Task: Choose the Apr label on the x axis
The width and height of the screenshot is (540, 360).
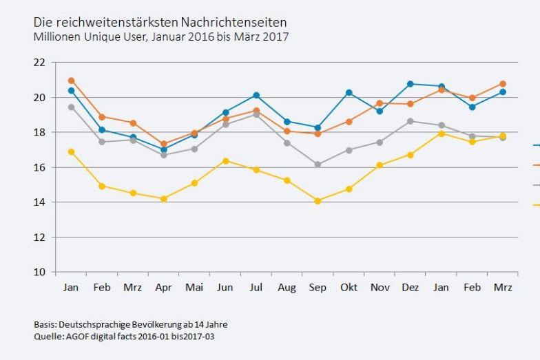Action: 163,288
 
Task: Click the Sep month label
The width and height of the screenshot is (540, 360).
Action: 318,288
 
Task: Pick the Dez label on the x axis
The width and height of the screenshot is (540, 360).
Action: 410,288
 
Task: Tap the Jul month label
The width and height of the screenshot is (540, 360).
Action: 256,288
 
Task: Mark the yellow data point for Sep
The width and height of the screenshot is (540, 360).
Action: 318,201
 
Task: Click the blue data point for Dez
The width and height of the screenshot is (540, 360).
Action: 411,84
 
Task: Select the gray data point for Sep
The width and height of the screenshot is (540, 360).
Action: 318,165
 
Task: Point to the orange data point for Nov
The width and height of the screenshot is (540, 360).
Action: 380,103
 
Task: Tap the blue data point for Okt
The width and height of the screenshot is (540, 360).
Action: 349,92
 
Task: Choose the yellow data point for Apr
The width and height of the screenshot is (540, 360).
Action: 163,199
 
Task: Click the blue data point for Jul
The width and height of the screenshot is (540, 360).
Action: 256,95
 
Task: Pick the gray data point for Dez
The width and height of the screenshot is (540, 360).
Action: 411,121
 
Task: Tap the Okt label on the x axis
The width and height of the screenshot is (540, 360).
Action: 349,288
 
